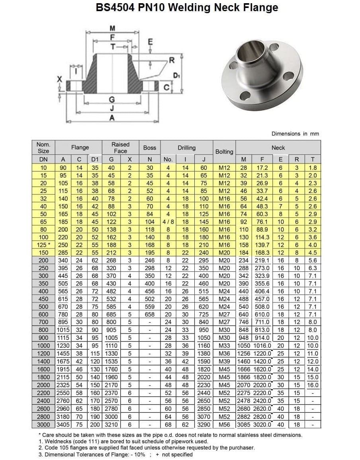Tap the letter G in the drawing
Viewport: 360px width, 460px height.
click(x=112, y=100)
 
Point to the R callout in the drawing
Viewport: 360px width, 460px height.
click(x=172, y=60)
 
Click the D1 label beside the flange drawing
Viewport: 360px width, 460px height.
click(x=176, y=76)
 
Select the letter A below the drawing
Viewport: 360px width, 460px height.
click(x=112, y=118)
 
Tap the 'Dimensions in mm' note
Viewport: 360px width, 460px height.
click(x=295, y=134)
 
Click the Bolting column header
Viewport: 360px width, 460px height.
click(x=224, y=152)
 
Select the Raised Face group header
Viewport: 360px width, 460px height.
click(x=120, y=148)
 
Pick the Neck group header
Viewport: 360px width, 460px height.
click(x=278, y=148)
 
